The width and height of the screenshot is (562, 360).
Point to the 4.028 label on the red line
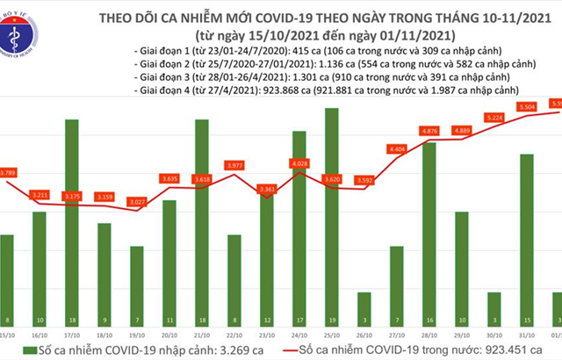pos(299,163)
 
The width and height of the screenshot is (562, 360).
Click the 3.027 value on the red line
pos(136,202)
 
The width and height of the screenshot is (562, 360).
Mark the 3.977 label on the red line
pos(234,165)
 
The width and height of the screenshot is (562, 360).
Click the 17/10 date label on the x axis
pos(72,335)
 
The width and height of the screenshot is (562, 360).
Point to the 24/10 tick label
pos(299,335)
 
